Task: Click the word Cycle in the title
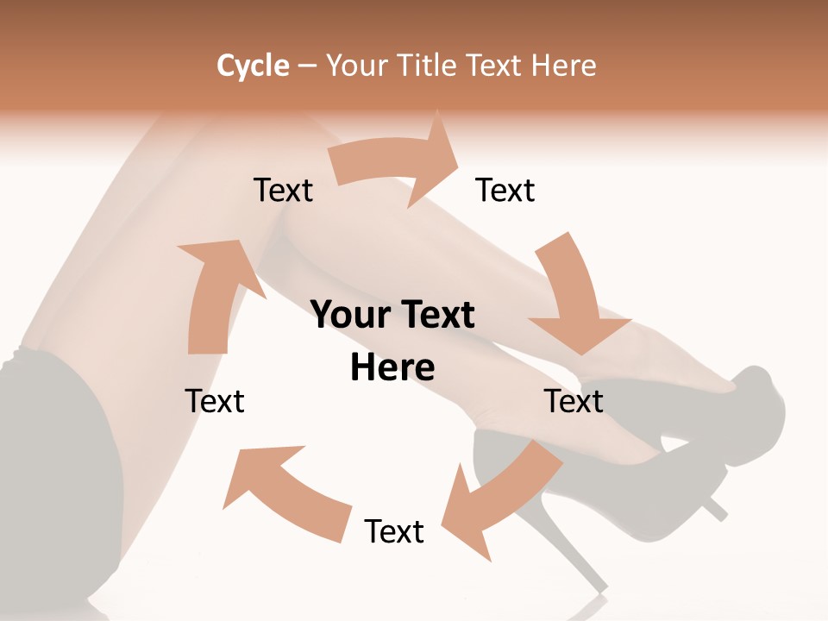(253, 66)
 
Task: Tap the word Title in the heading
(430, 66)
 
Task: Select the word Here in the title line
(565, 66)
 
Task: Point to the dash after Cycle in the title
(307, 66)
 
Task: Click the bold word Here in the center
(392, 367)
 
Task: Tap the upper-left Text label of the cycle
(283, 190)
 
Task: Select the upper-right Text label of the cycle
(505, 190)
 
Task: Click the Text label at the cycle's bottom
(394, 531)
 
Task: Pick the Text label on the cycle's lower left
(215, 401)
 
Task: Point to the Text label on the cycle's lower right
(574, 401)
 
